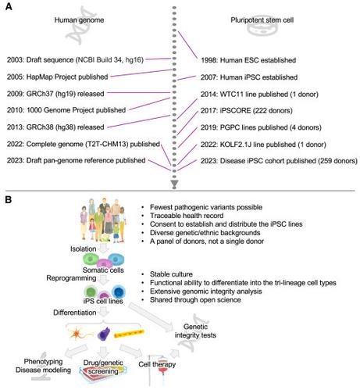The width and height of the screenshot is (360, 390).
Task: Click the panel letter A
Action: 9,6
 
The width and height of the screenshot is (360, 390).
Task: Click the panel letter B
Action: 9,200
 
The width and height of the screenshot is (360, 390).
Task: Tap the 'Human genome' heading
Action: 79,20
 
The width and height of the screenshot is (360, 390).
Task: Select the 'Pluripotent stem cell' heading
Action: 262,20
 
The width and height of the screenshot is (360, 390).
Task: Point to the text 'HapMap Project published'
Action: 67,77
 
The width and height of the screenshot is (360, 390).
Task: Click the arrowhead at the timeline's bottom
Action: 174,183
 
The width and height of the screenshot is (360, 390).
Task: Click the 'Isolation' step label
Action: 83,249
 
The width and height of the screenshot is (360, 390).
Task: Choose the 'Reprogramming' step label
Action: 71,278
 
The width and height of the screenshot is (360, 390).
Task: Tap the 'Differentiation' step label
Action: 75,313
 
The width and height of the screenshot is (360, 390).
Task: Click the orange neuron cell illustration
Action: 79,334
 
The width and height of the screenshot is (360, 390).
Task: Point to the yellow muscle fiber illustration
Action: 129,333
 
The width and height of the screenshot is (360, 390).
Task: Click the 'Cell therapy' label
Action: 157,364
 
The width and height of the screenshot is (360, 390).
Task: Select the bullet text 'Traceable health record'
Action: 187,216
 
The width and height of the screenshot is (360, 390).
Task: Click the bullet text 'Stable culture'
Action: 171,274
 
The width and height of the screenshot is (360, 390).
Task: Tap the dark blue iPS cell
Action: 119,292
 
